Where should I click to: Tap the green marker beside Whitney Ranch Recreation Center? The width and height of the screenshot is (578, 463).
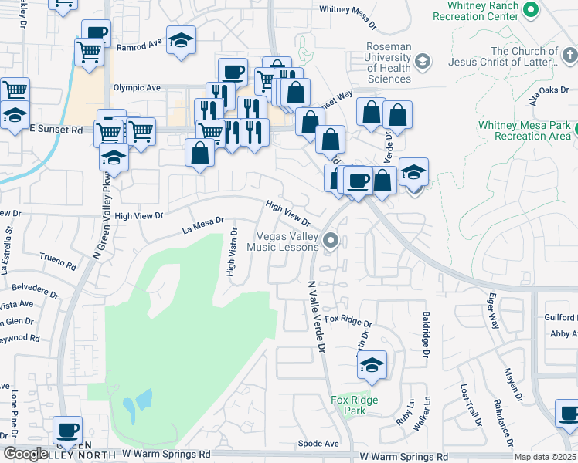(530, 10)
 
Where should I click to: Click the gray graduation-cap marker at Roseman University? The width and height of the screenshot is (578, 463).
(422, 60)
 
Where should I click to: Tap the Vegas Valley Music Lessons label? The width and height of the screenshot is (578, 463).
(283, 242)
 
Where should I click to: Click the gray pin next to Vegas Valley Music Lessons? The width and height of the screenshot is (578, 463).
(331, 242)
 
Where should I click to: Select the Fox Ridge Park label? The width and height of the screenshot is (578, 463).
(354, 405)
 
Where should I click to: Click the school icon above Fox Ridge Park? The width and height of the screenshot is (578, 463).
(372, 366)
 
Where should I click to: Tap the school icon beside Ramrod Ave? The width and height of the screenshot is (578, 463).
(181, 42)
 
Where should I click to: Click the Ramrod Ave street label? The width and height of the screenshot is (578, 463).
(138, 46)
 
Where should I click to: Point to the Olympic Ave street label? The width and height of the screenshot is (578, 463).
(137, 88)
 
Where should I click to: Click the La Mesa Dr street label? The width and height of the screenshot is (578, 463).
(202, 225)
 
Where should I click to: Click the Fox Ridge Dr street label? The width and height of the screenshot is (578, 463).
(348, 319)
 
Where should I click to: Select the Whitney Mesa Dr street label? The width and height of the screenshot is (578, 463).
(347, 16)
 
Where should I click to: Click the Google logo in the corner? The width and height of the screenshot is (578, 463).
(26, 454)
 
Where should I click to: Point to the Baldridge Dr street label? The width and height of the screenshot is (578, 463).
(426, 334)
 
